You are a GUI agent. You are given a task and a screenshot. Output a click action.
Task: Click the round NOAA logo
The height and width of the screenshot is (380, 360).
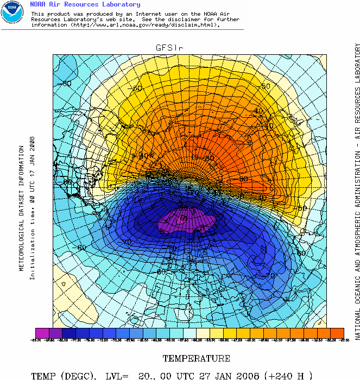(x=12, y=12)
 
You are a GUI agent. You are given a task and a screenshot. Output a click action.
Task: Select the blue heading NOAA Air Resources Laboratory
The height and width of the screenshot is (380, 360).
(x=85, y=4)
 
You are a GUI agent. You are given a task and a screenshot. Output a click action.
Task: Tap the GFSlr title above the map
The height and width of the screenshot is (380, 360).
(x=169, y=48)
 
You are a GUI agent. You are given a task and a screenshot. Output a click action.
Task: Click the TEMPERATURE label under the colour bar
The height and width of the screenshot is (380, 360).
(x=197, y=358)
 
